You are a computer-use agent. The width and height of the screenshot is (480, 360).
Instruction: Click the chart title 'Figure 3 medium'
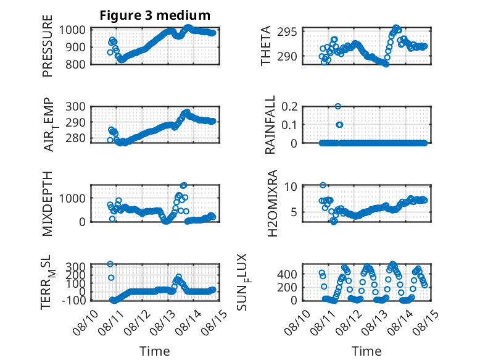tap(155, 15)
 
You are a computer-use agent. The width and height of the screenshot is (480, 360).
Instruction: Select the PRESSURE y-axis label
tap(48, 46)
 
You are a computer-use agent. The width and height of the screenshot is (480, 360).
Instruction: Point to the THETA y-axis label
tap(266, 46)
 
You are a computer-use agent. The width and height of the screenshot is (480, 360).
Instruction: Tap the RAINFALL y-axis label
tap(270, 124)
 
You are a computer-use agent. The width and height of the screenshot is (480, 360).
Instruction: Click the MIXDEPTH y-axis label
tap(48, 203)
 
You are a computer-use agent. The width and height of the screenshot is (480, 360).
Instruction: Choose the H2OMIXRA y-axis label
tap(272, 203)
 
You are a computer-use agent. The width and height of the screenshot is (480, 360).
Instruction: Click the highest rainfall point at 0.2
tap(338, 106)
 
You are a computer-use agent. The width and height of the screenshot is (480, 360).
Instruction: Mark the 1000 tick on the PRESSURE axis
tap(72, 30)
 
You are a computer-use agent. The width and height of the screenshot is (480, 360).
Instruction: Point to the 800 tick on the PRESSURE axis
tap(75, 64)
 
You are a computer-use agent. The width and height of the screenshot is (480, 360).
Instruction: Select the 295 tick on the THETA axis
tap(287, 31)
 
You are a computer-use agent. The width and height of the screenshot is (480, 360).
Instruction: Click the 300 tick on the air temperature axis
tap(75, 107)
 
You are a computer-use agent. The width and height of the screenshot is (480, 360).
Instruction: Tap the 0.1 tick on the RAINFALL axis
tap(289, 124)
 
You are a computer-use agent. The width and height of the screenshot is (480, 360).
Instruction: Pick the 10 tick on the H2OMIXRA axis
tap(291, 186)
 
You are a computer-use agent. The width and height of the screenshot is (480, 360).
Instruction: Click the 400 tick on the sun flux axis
tap(287, 274)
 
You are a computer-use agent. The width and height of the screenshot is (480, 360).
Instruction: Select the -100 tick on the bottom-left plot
tap(73, 300)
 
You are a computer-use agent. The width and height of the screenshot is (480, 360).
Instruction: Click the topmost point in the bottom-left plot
tap(110, 264)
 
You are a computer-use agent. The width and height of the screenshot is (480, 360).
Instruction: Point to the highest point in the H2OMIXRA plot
tap(323, 185)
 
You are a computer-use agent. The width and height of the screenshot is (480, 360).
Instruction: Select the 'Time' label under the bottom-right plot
tap(366, 351)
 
